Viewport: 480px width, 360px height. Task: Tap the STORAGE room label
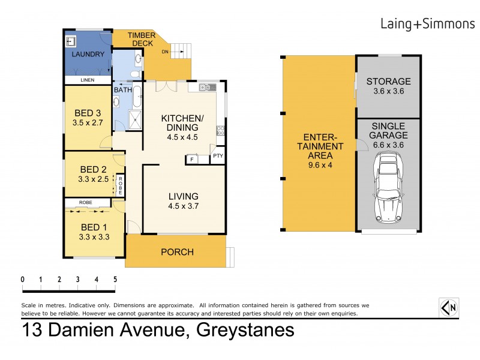(x=388, y=82)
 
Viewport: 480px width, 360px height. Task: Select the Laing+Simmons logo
(x=424, y=23)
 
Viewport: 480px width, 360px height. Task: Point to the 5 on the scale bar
(x=115, y=279)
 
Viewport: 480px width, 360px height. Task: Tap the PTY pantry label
(x=218, y=157)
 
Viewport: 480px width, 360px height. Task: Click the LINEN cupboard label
(x=88, y=80)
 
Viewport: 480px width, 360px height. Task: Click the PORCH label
(x=177, y=252)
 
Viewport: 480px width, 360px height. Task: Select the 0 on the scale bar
(x=22, y=279)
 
